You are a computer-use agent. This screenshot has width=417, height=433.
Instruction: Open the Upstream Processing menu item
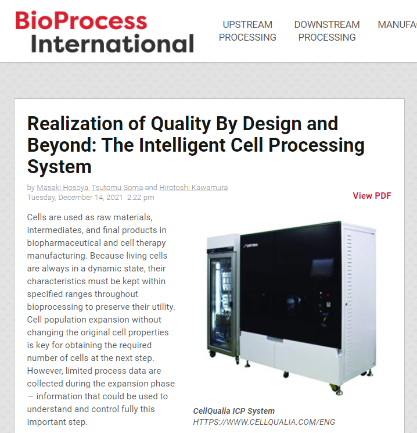247,31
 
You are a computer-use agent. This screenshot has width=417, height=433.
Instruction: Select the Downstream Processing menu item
327,31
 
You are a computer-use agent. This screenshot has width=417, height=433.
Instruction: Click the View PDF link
372,195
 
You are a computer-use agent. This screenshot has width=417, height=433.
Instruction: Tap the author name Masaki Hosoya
62,188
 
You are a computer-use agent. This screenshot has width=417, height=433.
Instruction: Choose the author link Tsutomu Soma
117,188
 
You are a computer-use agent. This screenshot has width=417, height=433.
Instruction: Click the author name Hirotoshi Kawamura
193,188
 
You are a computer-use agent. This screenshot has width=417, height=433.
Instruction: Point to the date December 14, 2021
91,198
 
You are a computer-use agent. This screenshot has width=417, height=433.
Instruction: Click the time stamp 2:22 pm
141,198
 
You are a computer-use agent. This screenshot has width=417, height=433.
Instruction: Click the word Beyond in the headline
62,145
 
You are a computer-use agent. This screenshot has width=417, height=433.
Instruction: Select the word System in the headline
59,167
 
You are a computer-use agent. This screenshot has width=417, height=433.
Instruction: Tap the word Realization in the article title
75,123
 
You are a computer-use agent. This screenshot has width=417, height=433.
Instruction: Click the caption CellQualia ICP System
233,411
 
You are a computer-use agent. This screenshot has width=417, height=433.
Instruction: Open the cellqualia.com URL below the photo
264,422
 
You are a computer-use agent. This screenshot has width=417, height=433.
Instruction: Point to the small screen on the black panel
322,267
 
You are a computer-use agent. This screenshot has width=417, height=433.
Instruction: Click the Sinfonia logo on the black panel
251,245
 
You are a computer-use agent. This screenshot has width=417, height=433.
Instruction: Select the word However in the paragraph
45,371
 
